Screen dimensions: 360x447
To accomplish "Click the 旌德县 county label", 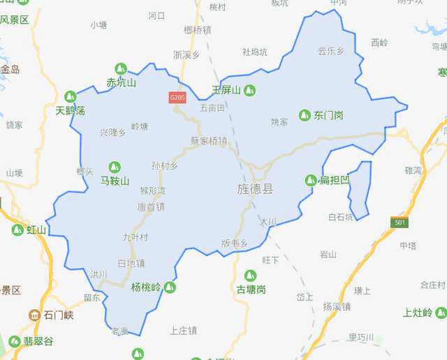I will (x=255, y=189).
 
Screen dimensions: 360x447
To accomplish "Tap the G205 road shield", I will (x=177, y=98).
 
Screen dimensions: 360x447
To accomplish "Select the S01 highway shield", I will (x=399, y=223).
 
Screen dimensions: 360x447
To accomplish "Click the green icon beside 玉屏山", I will (x=249, y=90).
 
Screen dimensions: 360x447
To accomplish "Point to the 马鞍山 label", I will (x=115, y=181).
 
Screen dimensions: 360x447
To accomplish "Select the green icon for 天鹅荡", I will (x=70, y=96).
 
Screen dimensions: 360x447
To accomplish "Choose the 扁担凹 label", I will (x=335, y=181).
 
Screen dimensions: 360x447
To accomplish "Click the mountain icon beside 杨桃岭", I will (x=170, y=287).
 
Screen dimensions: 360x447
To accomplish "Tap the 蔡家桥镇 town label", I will (x=209, y=140).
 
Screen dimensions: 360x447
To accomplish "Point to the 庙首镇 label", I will (x=151, y=207).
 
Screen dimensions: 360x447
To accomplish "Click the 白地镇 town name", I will (x=131, y=263).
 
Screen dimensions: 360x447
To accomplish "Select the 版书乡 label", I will (x=235, y=243).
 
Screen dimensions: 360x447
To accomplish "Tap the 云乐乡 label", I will (x=330, y=51).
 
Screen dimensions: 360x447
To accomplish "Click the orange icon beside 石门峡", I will (x=34, y=315).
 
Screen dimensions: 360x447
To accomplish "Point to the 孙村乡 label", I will (x=165, y=166).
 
